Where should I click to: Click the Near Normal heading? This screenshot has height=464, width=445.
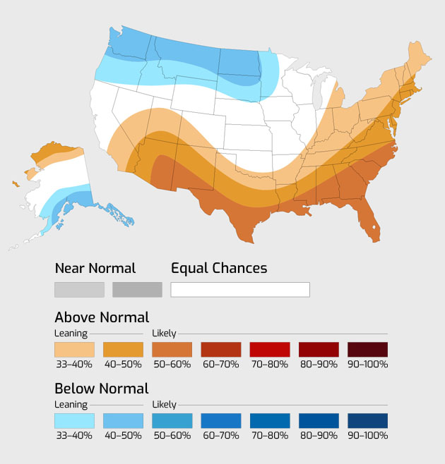coord(95,269)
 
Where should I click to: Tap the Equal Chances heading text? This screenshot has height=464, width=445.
coord(219,269)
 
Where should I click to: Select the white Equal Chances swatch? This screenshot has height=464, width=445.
coord(240,290)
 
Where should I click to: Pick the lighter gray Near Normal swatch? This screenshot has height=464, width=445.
coord(79,290)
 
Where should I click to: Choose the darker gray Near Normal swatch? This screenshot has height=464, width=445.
coord(137,290)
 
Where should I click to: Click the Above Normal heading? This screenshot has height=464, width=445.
coord(102,317)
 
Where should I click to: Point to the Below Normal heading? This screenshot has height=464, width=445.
coord(102,389)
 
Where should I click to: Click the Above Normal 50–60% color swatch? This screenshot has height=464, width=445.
coord(172,350)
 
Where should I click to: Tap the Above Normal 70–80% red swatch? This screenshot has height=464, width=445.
coord(269,350)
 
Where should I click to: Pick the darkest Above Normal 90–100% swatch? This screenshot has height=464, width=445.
coord(367,350)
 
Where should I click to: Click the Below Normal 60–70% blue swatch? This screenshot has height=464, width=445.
coord(220,421)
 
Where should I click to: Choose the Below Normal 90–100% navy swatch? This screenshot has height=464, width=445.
coord(367,421)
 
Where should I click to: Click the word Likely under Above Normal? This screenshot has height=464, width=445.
coord(165,334)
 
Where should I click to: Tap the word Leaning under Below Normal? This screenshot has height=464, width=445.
coord(71,405)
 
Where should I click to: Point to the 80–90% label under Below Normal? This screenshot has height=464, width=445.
coord(319,436)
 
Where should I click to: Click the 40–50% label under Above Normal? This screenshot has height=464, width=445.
coord(123,365)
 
